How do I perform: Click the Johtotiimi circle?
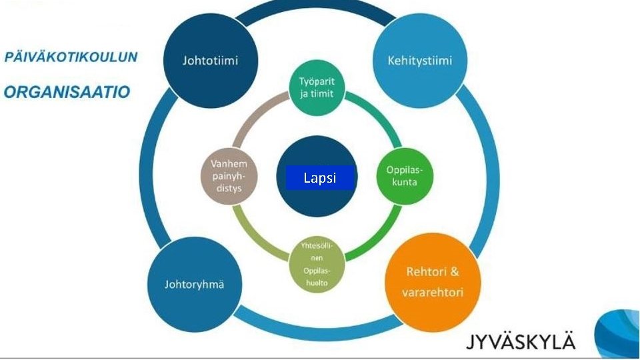[210, 61]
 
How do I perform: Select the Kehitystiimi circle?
[419, 61]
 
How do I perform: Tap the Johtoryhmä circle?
[194, 285]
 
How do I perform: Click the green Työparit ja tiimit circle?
[317, 89]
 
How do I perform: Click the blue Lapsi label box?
[320, 178]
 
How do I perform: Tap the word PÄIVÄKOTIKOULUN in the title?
[71, 57]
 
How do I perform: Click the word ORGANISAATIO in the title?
[67, 92]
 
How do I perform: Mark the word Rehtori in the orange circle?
[423, 272]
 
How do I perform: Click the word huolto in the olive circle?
[317, 282]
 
